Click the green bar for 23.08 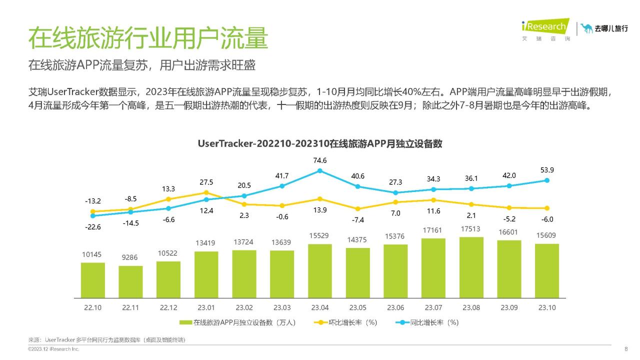[471, 267]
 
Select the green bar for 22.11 [130, 281]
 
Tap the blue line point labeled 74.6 [320, 171]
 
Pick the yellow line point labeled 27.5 [206, 192]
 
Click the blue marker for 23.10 [547, 180]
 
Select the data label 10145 [92, 254]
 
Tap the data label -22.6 [92, 227]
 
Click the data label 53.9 [547, 170]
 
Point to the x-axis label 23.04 [320, 307]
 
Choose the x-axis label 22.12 [168, 307]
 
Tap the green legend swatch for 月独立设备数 [186, 322]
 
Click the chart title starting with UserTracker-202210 [320, 143]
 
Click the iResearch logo [545, 28]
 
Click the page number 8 [626, 349]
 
